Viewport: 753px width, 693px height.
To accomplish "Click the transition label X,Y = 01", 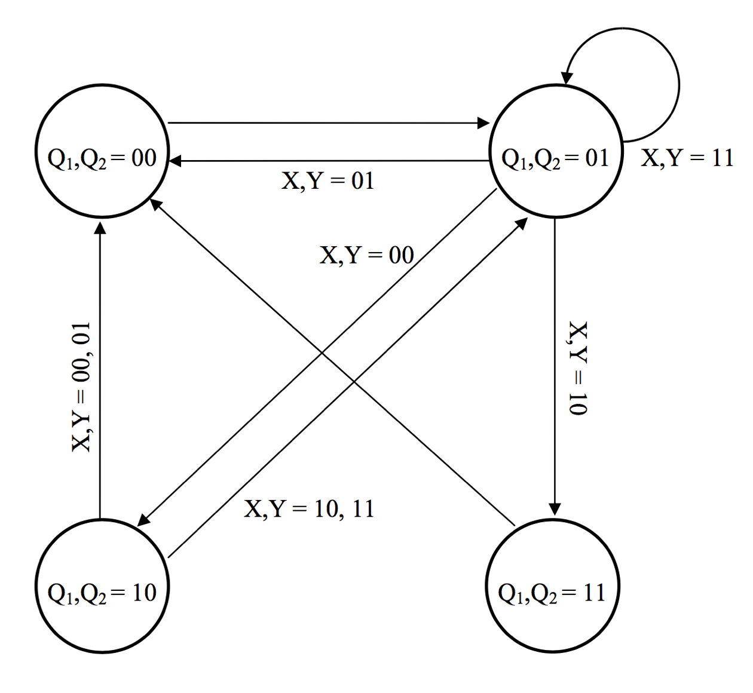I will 327,180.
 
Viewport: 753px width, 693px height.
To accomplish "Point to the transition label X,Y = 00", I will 366,255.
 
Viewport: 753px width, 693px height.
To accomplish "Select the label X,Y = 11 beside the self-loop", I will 687,158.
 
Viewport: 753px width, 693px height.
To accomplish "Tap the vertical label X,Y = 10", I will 578,368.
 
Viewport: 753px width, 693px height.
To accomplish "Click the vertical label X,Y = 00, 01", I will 81,387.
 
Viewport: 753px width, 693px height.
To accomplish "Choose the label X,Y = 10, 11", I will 309,509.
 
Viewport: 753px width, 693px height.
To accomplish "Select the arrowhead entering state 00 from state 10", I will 100,228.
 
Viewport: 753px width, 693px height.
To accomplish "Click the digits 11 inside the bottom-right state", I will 593,592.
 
